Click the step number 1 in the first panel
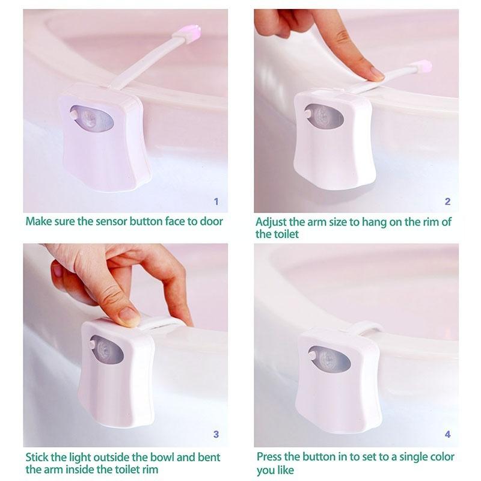(x=216, y=201)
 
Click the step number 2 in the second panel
(x=447, y=201)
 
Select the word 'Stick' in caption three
(x=38, y=457)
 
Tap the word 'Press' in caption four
(x=271, y=457)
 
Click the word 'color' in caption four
(x=440, y=457)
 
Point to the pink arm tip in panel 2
(x=423, y=67)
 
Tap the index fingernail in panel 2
(x=377, y=73)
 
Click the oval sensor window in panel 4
(x=329, y=359)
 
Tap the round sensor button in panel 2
(x=308, y=112)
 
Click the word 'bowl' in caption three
(x=154, y=457)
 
